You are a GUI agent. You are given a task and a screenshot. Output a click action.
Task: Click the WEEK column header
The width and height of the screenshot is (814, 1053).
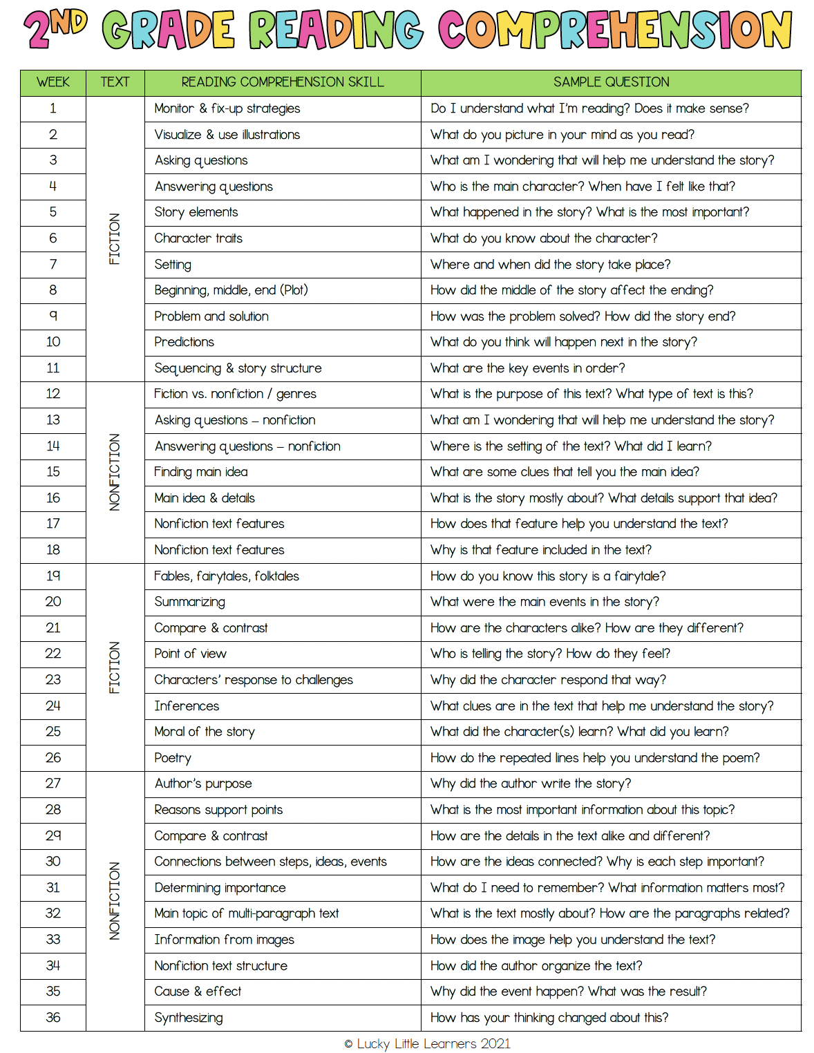pos(53,82)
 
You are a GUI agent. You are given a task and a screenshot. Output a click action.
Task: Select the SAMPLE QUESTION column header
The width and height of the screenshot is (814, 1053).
pos(611,82)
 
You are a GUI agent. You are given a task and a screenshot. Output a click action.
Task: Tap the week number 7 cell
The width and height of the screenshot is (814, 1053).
pos(53,264)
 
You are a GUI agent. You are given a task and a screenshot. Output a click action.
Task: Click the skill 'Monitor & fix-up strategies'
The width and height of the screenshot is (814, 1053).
pos(227,108)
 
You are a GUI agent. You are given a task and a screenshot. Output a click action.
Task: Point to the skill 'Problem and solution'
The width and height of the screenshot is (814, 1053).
pos(211,316)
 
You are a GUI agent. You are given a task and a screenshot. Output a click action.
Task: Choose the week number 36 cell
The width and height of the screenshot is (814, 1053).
pos(53,1017)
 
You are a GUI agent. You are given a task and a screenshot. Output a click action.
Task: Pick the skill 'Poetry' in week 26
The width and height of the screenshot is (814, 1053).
pos(173,758)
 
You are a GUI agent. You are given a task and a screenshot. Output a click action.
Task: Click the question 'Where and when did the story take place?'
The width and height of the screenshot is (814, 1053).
pos(550,265)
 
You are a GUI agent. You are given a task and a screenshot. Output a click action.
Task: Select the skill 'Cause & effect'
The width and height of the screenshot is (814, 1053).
pos(198,992)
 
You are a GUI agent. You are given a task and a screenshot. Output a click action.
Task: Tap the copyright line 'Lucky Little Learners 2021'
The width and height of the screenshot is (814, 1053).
pos(428,1043)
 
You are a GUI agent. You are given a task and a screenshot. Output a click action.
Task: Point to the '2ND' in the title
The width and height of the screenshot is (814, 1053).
pos(55,30)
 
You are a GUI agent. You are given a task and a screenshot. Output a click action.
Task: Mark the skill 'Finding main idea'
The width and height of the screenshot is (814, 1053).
pos(201,472)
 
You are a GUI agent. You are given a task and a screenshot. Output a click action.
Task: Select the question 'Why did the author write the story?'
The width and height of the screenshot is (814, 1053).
pos(531,784)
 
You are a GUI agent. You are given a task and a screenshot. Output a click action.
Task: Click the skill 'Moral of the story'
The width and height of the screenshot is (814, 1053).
pos(205,732)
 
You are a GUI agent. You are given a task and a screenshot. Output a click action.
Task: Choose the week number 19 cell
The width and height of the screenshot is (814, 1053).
pos(53,576)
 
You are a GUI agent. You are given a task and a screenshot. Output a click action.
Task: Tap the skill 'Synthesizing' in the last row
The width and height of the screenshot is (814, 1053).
pos(189,1018)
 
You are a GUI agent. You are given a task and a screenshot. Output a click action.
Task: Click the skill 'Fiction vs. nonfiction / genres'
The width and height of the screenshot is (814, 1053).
pos(235,394)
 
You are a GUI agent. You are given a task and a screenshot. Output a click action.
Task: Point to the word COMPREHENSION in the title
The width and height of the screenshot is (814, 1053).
pos(615,30)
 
